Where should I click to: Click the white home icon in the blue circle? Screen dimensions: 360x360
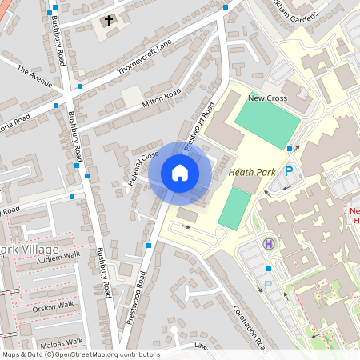point(180,173)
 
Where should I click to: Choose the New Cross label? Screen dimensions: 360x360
point(267,98)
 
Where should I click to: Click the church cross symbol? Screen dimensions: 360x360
point(108,21)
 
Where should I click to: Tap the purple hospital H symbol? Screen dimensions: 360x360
point(269,243)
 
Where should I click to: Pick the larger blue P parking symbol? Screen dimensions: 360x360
point(289,170)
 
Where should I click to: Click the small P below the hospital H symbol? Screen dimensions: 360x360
point(268,284)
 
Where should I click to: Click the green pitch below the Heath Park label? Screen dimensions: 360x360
point(234,208)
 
